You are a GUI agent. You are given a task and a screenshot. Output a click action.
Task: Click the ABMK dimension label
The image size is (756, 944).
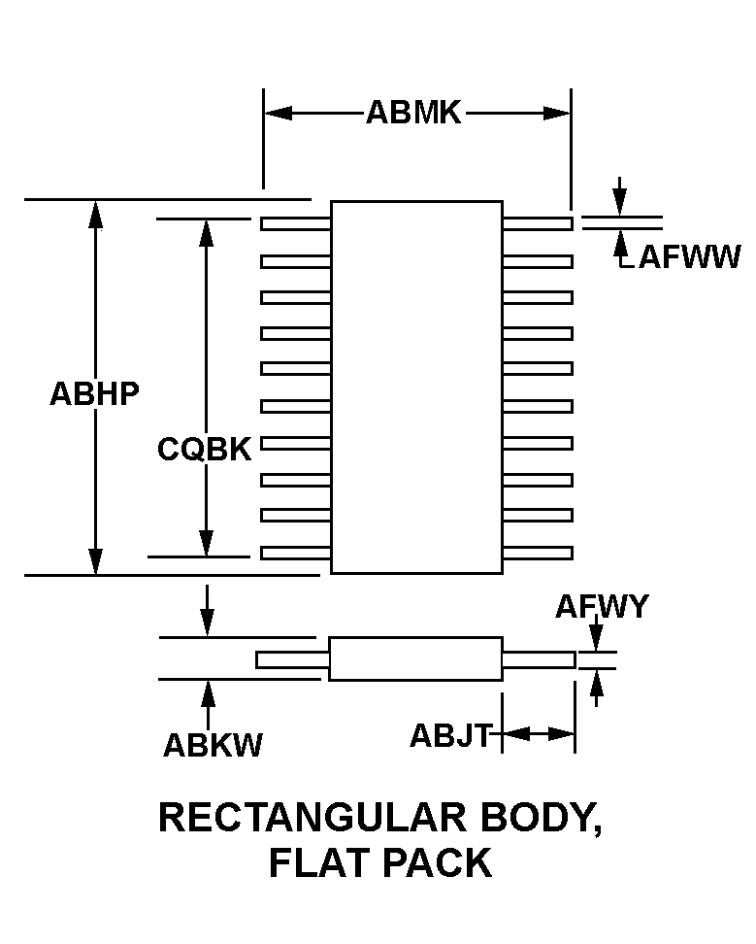click(413, 113)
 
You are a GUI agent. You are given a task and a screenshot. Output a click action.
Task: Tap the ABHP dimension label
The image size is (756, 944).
click(94, 393)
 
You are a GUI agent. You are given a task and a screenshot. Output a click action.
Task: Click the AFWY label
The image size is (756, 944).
click(602, 607)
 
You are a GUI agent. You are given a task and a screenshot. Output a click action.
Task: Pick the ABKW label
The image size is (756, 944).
click(213, 745)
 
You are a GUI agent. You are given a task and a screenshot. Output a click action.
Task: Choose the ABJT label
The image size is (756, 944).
click(451, 735)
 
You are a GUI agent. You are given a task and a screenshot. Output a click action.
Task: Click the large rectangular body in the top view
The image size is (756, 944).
click(416, 387)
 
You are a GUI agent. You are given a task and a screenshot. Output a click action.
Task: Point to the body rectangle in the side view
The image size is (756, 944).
click(416, 658)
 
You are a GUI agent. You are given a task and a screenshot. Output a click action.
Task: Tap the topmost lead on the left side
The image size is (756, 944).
click(296, 223)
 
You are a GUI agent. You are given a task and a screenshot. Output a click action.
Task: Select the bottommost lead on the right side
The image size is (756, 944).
click(537, 553)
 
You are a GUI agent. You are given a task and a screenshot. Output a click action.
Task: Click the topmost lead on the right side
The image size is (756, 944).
click(537, 223)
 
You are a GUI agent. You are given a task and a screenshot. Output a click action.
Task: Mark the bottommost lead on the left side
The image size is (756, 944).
click(296, 553)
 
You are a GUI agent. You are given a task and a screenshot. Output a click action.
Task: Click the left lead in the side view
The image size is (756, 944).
click(292, 660)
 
